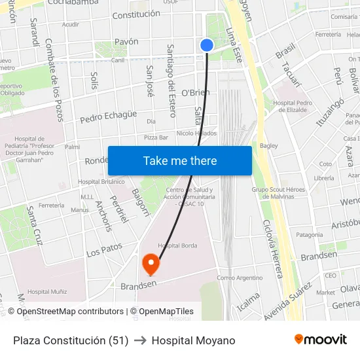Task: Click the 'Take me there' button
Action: (x=180, y=160)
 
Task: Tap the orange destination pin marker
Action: (x=151, y=264)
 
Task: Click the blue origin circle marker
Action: (x=207, y=45)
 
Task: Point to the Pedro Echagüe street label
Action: (x=109, y=116)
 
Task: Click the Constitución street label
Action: (x=136, y=14)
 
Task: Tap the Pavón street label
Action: (x=126, y=41)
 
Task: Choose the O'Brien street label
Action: (x=195, y=92)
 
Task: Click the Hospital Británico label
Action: (x=101, y=181)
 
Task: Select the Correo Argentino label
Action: (x=239, y=278)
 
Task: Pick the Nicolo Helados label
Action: (x=196, y=134)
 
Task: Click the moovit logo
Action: (x=321, y=340)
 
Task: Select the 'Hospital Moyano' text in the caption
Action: (x=193, y=340)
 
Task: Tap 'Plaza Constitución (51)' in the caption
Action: (x=71, y=340)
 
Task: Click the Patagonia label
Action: (x=310, y=234)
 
